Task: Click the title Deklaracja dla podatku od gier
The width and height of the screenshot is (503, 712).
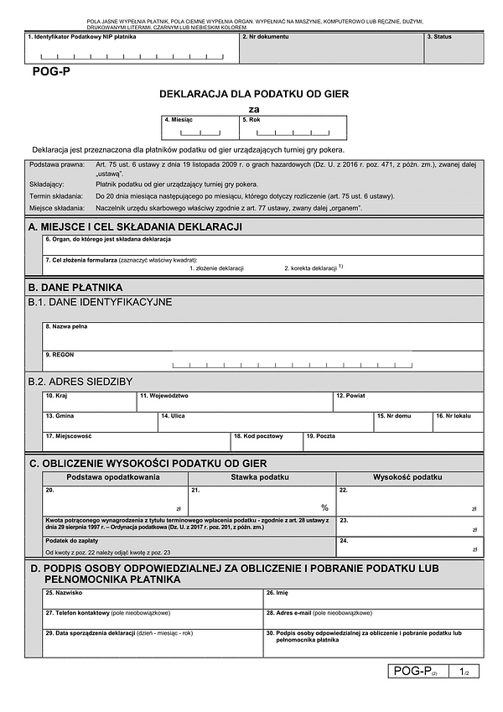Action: (254, 94)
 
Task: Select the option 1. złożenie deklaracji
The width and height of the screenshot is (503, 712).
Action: (216, 268)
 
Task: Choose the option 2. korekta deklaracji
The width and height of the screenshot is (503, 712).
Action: (310, 268)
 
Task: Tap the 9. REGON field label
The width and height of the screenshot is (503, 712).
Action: (60, 356)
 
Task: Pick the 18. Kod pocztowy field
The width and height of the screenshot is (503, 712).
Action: (267, 442)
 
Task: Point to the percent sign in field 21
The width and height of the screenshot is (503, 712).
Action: (324, 508)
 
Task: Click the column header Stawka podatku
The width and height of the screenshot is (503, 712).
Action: (261, 476)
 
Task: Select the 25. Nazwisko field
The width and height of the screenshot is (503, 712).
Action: (153, 599)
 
